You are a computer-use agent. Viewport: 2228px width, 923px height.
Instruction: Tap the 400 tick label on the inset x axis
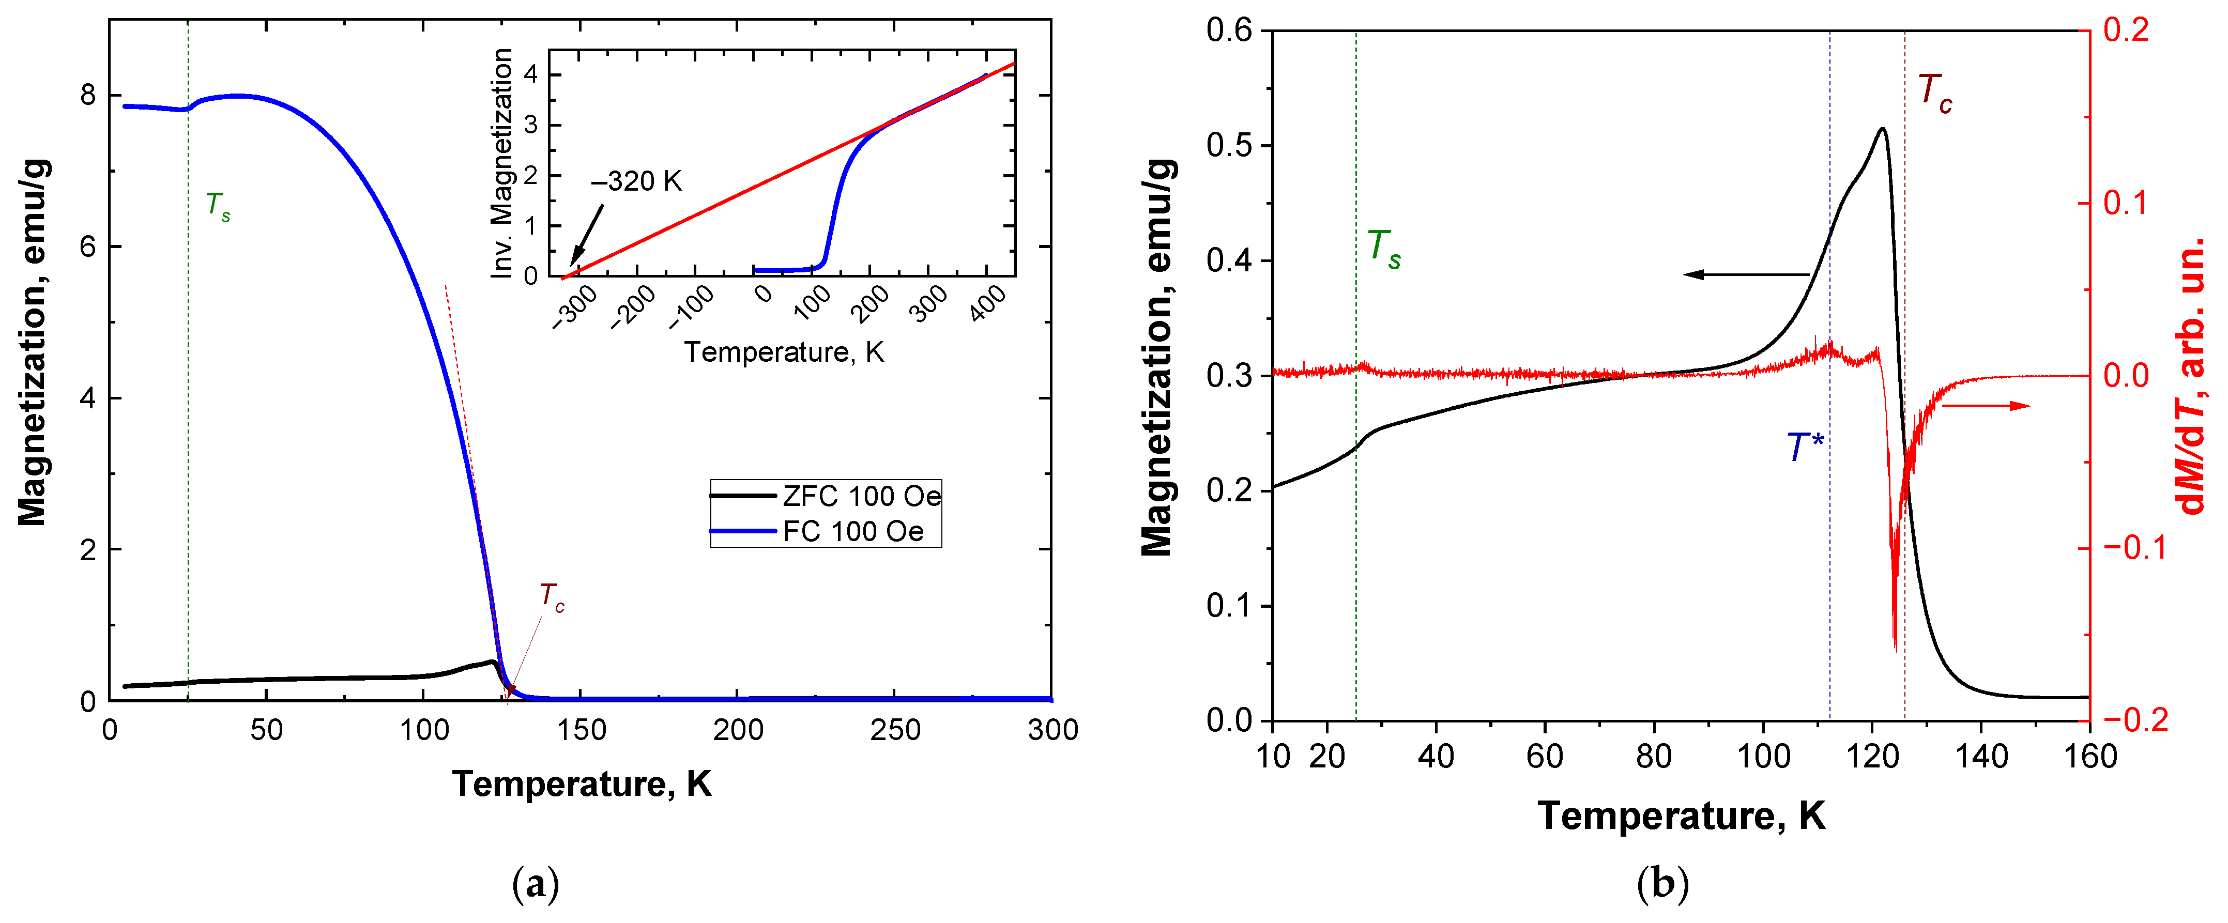coord(988,304)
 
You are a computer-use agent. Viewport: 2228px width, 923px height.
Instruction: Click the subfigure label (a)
coord(536,884)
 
